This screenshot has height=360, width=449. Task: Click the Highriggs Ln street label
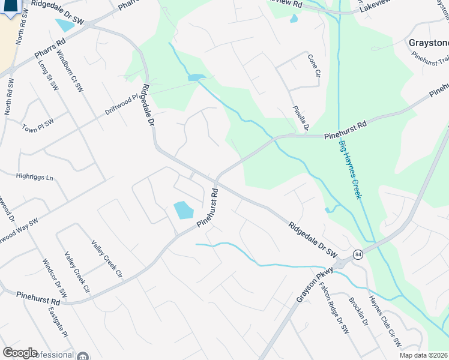[x=34, y=178]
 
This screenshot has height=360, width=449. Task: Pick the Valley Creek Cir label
[x=106, y=259]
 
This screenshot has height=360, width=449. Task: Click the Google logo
[x=20, y=353]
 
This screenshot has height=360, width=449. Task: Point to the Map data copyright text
[x=423, y=355]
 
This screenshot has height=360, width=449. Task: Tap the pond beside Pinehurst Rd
[x=184, y=210]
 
